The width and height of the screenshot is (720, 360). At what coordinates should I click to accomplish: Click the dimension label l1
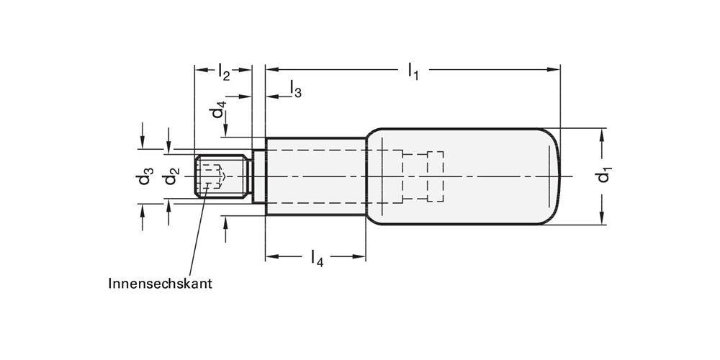click(x=413, y=71)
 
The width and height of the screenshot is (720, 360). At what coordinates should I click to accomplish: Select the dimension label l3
click(x=295, y=89)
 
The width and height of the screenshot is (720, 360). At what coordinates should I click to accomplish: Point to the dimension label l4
click(x=316, y=257)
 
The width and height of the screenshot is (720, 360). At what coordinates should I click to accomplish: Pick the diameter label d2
click(x=171, y=176)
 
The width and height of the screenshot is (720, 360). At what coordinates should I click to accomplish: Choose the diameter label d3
click(x=146, y=176)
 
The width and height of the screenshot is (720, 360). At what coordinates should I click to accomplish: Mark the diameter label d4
click(x=218, y=112)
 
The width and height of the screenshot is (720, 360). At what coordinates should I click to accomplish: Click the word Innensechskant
click(x=160, y=284)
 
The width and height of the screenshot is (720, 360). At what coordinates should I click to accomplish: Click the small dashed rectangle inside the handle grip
click(x=436, y=176)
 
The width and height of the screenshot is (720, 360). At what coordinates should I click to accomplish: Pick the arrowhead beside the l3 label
click(x=272, y=96)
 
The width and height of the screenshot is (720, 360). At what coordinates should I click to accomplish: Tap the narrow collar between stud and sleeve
click(x=258, y=176)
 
